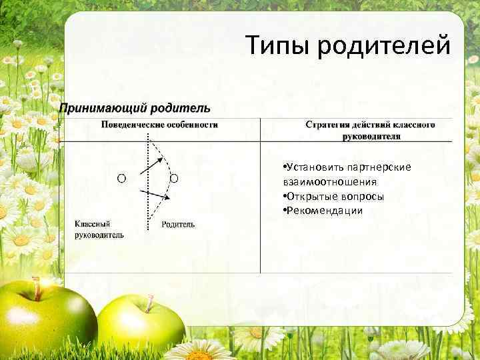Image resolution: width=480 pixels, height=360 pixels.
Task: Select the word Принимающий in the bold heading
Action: pyautogui.click(x=103, y=107)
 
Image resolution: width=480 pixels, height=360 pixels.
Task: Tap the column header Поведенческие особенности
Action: pyautogui.click(x=159, y=124)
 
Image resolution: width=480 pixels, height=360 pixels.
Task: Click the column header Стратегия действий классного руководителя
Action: pyautogui.click(x=371, y=129)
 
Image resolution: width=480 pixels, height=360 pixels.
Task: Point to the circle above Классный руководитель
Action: pyautogui.click(x=122, y=178)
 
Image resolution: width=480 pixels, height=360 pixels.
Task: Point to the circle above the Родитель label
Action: pyautogui.click(x=173, y=178)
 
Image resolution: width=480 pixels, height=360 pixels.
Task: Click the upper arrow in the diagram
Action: pyautogui.click(x=150, y=166)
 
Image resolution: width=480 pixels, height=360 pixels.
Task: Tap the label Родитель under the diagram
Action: pyautogui.click(x=178, y=225)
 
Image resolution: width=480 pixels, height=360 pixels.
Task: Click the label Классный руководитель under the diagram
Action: pyautogui.click(x=99, y=229)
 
